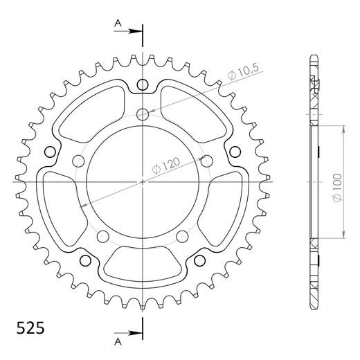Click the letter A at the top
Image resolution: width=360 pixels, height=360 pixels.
coord(118,24)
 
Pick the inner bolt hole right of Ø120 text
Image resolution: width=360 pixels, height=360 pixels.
coord(206,161)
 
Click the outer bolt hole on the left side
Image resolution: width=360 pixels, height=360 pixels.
coord(49,152)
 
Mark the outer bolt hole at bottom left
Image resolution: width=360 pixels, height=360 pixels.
coord(85,260)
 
